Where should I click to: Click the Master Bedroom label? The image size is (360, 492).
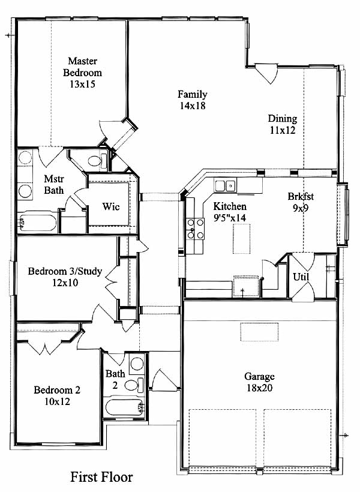click(82, 67)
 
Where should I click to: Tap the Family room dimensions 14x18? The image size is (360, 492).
click(193, 106)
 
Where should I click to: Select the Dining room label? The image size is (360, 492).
click(283, 118)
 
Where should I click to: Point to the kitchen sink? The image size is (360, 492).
click(226, 186)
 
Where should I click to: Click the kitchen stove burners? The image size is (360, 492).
click(195, 229)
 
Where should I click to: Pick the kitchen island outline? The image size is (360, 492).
click(242, 238)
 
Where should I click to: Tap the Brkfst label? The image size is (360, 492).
click(301, 196)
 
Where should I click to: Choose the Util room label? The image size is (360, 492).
click(301, 277)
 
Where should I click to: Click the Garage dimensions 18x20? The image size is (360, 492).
click(259, 388)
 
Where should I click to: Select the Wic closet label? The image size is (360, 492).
click(111, 206)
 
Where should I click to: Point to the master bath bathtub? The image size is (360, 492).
click(37, 222)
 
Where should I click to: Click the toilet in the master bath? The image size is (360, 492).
click(98, 161)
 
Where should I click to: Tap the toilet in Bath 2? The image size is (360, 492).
click(134, 385)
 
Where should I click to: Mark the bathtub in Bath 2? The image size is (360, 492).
click(124, 407)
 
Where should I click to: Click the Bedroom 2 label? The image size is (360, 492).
click(57, 390)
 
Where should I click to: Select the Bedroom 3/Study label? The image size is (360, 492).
click(65, 271)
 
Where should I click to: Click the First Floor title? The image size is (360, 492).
click(101, 477)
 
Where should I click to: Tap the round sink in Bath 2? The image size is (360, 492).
click(137, 364)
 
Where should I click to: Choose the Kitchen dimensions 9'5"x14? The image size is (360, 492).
click(230, 218)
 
